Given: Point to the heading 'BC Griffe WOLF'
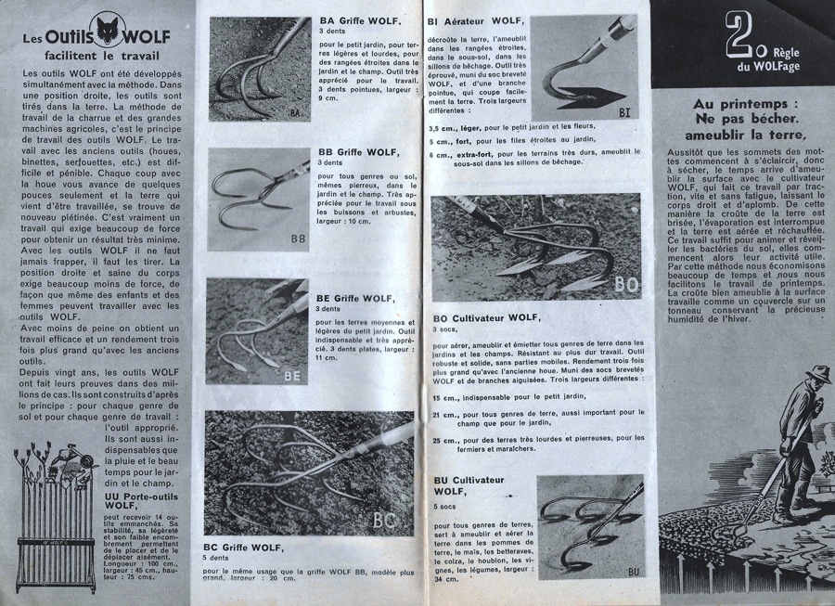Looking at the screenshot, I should tap(246, 548).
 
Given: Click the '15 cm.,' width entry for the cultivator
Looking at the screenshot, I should tap(445, 397).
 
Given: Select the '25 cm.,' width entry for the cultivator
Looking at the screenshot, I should tap(445, 439).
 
